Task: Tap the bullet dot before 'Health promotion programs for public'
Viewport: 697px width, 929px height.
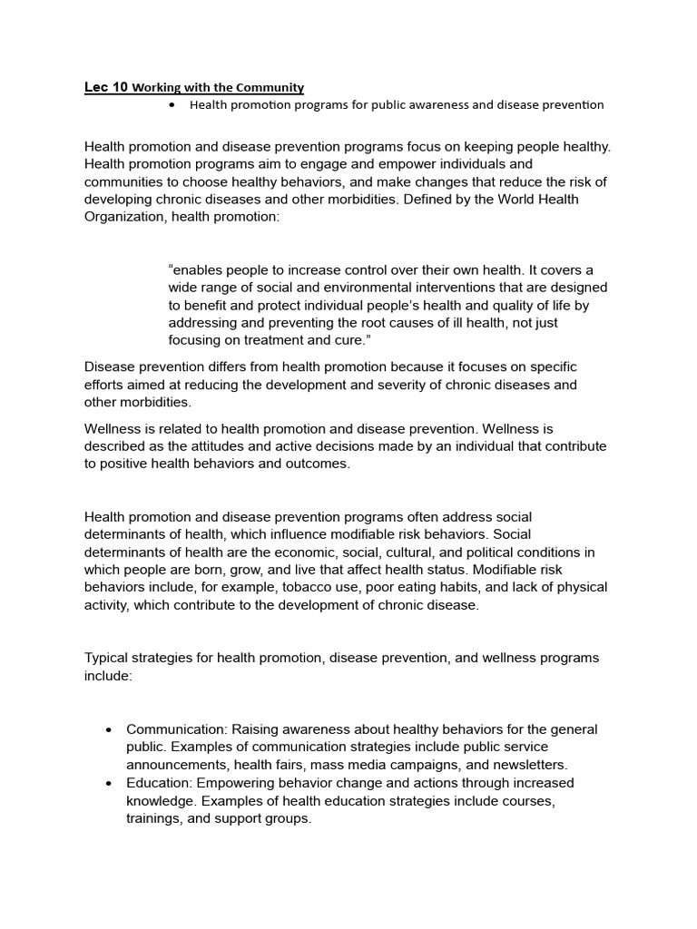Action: pyautogui.click(x=172, y=105)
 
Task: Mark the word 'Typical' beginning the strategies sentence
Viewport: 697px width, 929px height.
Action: pyautogui.click(x=107, y=658)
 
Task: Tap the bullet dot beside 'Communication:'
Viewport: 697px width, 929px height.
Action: pyautogui.click(x=109, y=730)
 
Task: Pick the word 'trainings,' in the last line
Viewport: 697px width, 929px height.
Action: pyautogui.click(x=156, y=817)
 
